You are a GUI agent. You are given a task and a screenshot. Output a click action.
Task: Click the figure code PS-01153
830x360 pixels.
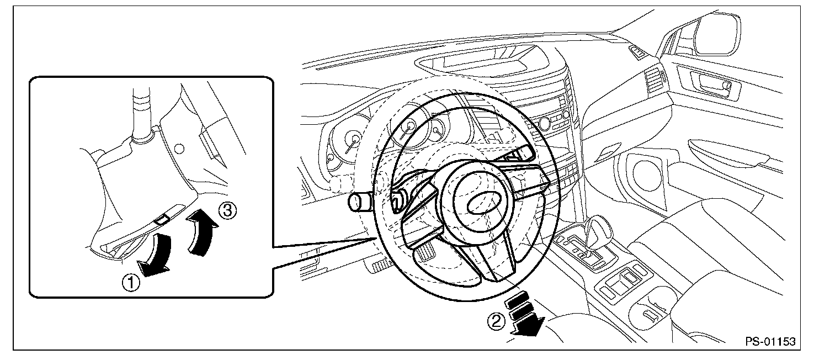coord(770,342)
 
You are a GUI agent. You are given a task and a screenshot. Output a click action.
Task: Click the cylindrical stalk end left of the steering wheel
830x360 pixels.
coord(359,203)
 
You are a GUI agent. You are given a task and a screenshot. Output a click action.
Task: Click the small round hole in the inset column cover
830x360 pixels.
coord(178,148)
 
